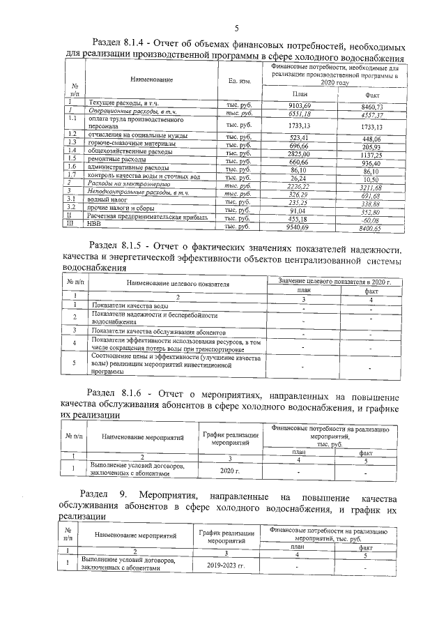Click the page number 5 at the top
(236, 28)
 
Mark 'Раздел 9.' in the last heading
(105, 495)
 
